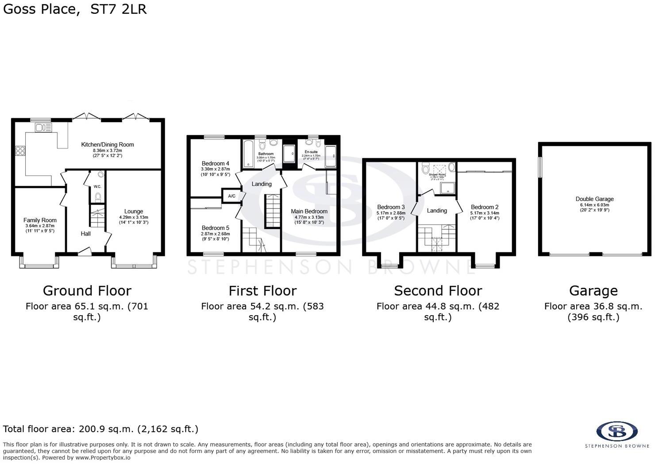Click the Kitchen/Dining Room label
[x=107, y=144]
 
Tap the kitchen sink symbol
[x=43, y=128]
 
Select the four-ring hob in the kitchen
[x=20, y=151]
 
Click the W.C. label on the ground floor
[x=97, y=187]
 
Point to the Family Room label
[x=40, y=220]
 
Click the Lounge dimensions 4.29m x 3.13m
[x=133, y=217]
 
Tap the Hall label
[x=85, y=233]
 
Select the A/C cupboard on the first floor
[x=231, y=196]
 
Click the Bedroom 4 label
[x=215, y=163]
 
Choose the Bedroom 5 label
[x=215, y=228]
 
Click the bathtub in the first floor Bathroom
[x=247, y=154]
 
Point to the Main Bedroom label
[x=309, y=211]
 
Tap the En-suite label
[x=311, y=152]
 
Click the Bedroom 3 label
[x=391, y=207]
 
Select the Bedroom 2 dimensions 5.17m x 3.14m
[x=485, y=213]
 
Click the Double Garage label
[x=594, y=199]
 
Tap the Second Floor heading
[x=438, y=290]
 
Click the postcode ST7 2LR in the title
[x=118, y=9]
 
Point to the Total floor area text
[x=100, y=429]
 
